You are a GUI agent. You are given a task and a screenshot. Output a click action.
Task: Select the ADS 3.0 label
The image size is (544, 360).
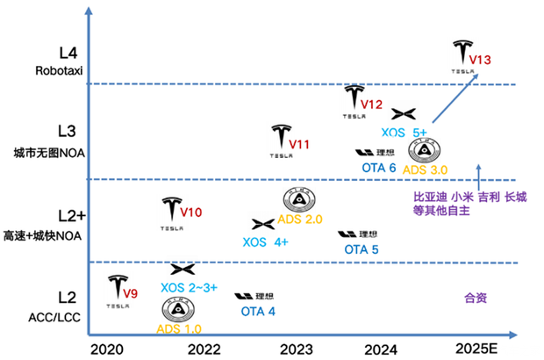(425, 169)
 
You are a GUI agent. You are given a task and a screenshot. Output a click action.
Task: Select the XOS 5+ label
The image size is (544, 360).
(404, 132)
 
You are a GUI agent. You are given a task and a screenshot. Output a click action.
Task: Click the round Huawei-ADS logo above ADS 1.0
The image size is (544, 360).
(177, 310)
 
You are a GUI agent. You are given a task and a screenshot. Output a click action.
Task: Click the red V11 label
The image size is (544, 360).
(301, 143)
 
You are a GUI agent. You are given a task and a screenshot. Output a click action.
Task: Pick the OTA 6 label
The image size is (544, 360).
(378, 168)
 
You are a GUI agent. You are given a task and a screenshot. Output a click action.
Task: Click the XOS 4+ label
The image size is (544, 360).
(265, 241)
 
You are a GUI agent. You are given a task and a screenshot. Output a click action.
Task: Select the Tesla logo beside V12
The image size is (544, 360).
(354, 98)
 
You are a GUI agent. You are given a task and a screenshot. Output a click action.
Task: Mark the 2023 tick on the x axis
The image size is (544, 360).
(296, 349)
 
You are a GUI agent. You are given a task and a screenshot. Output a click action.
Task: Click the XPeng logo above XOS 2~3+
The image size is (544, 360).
(182, 270)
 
